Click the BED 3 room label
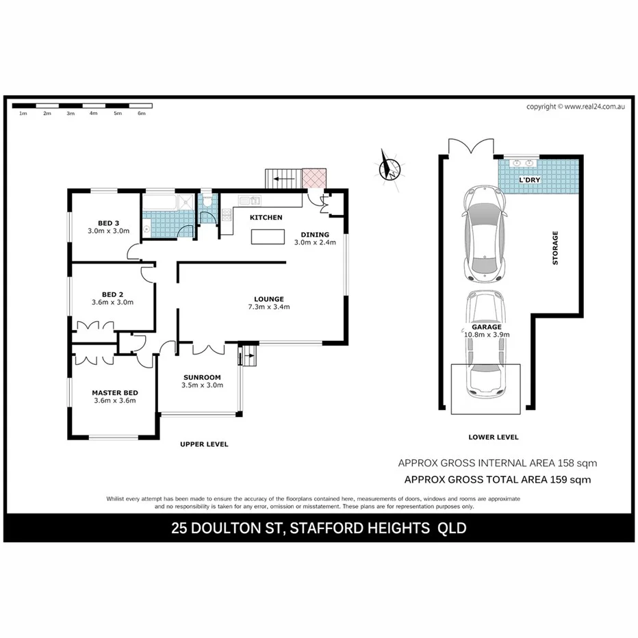(108, 223)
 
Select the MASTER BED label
(115, 392)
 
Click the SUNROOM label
(202, 377)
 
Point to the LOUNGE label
(268, 298)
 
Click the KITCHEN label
(266, 217)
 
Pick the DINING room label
(315, 234)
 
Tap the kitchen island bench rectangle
(268, 237)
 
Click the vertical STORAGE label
(555, 248)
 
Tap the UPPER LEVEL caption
(204, 444)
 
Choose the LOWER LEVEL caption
(494, 437)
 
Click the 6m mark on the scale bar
(142, 113)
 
